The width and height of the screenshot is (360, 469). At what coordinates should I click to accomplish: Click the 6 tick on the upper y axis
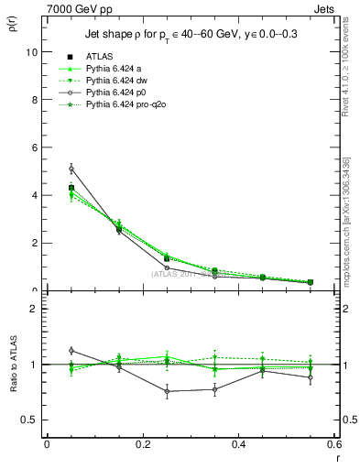(35, 147)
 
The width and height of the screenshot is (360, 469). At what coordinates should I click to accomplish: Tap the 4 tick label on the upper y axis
(35, 195)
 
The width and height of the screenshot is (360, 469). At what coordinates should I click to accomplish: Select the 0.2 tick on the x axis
(142, 444)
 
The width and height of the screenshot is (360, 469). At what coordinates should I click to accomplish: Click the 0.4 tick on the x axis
(239, 444)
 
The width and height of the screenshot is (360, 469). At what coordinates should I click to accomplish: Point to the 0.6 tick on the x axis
(334, 444)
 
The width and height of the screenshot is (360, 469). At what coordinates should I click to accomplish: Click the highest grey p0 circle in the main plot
(71, 169)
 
